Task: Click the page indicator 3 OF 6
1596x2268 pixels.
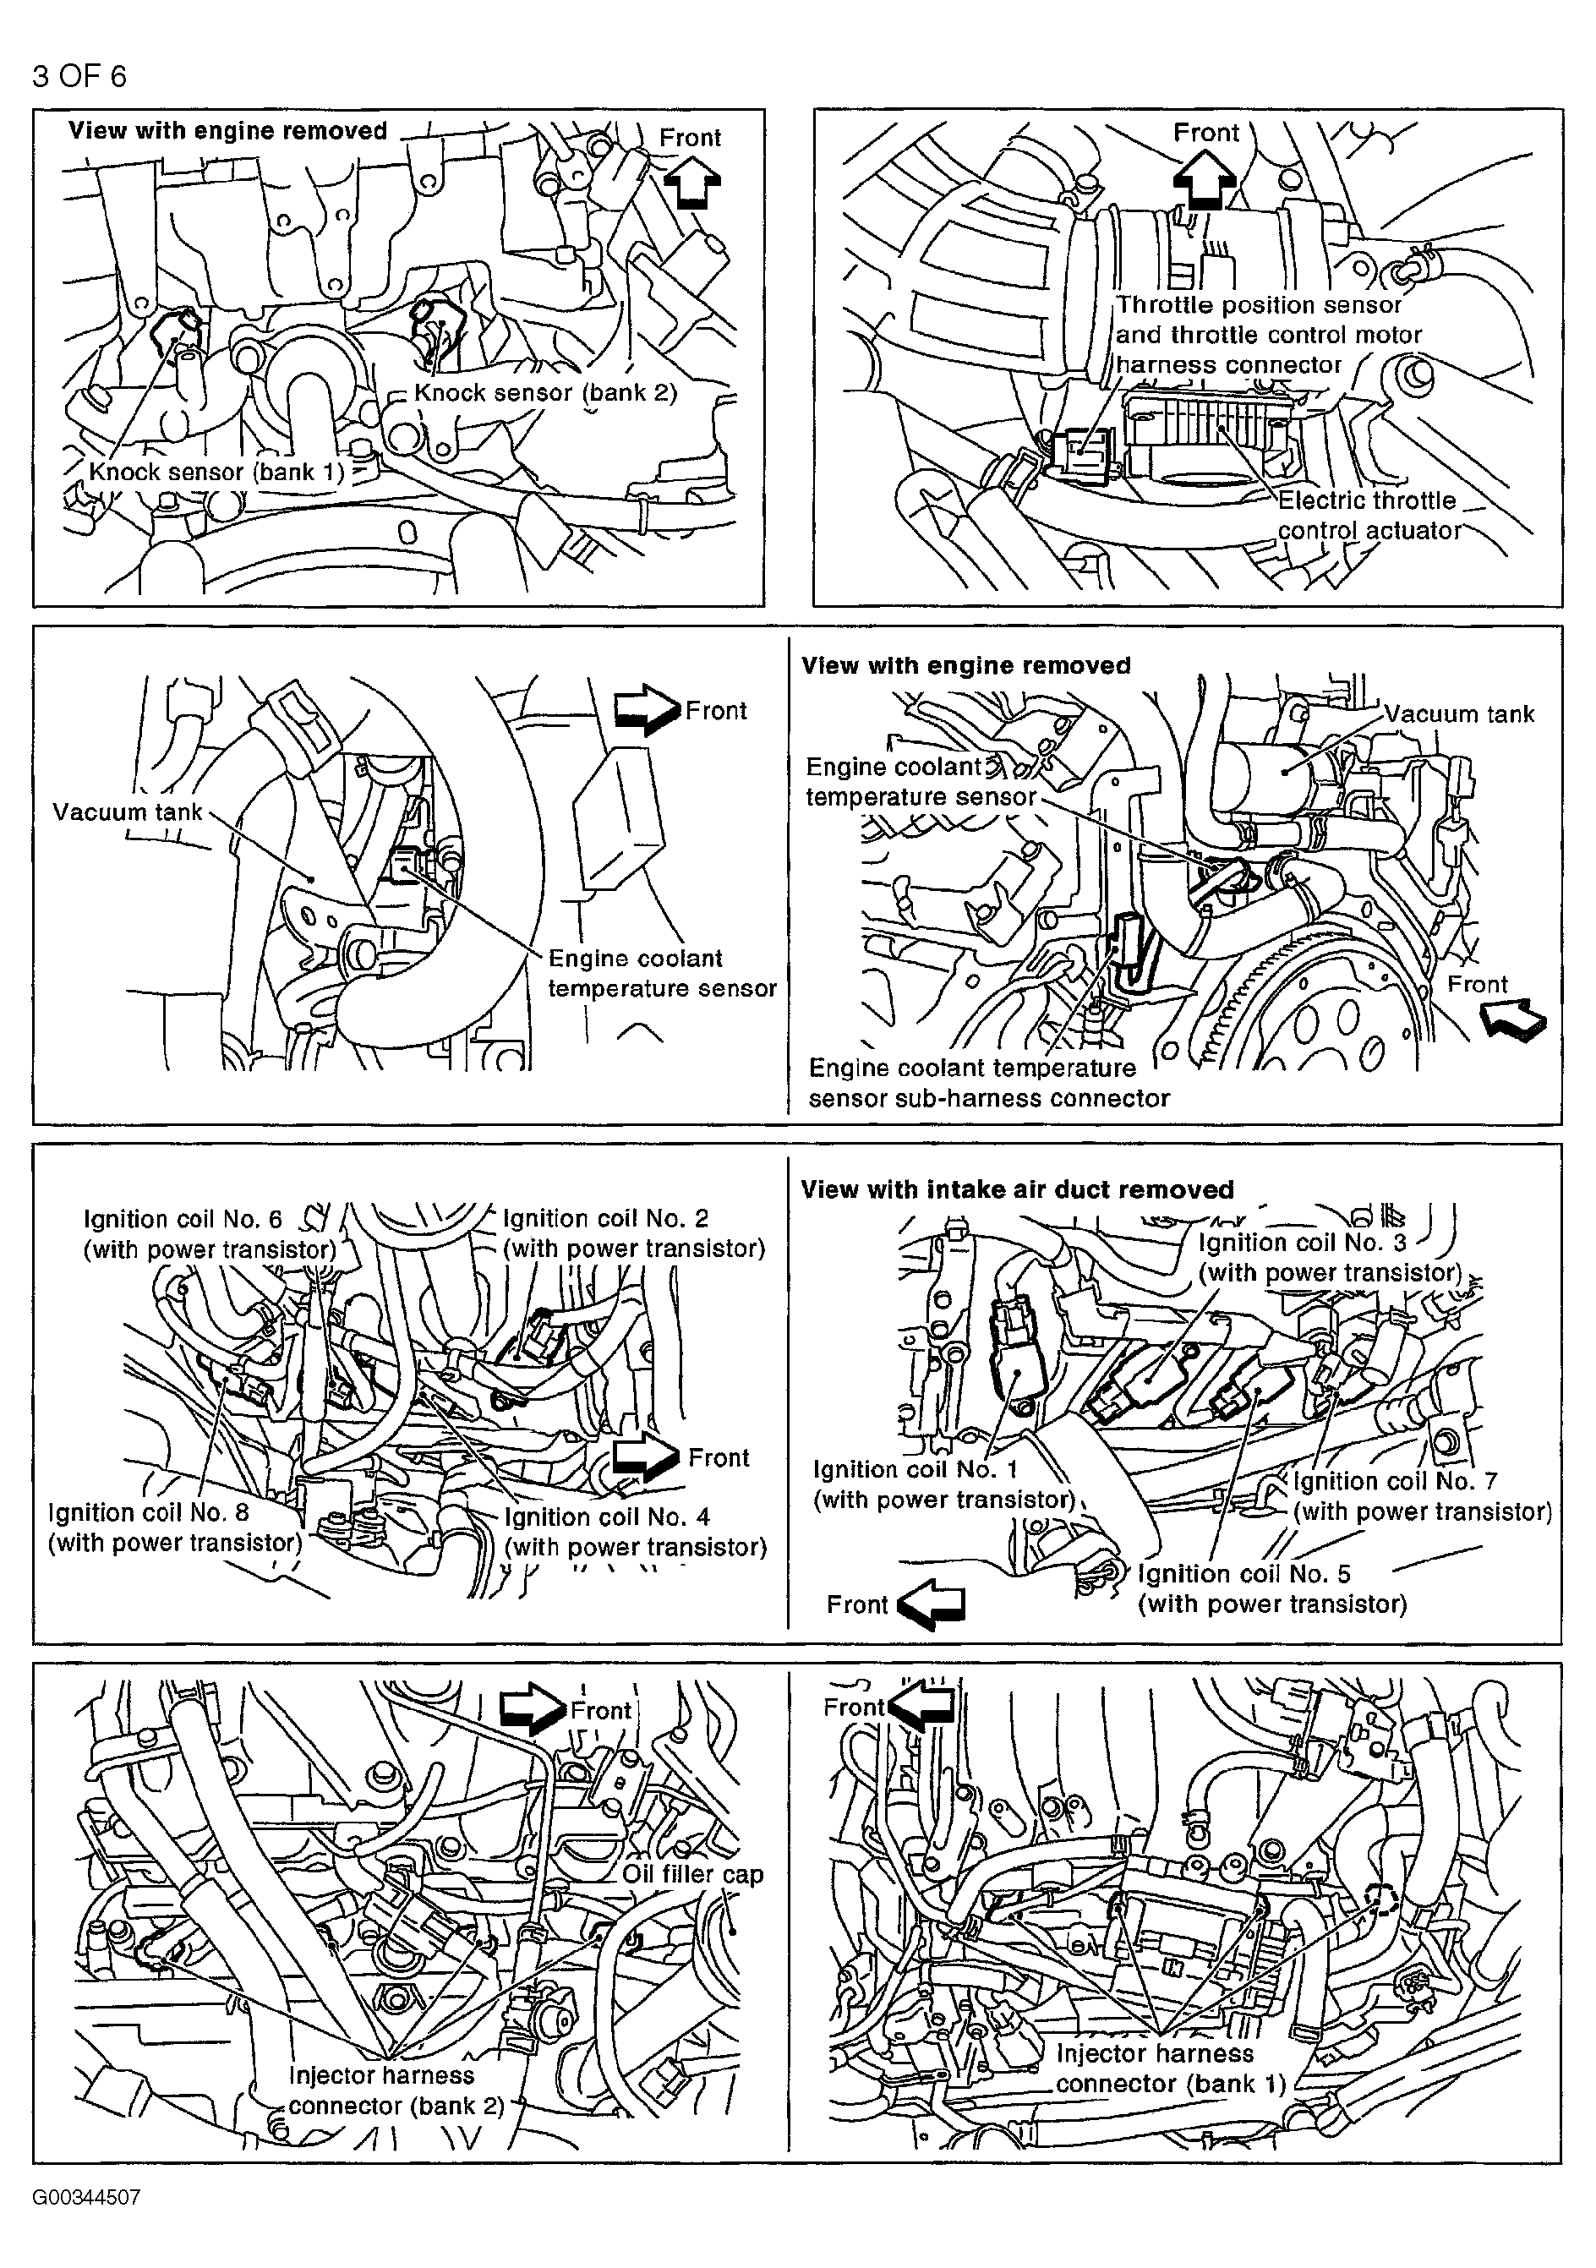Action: click(79, 76)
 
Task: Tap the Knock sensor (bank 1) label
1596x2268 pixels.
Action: click(216, 473)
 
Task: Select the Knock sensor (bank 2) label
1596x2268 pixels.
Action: click(545, 392)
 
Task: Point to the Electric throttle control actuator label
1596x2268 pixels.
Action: click(1369, 516)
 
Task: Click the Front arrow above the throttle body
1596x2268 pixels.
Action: click(1205, 178)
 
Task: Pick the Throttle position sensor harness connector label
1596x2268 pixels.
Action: click(1268, 335)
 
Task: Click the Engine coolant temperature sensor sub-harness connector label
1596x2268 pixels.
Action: click(987, 1083)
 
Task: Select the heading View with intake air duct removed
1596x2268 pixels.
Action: click(1017, 1189)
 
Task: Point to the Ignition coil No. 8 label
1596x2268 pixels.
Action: click(175, 1527)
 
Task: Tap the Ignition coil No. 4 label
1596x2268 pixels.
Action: click(635, 1531)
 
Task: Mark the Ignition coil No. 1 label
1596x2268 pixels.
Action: click(943, 1484)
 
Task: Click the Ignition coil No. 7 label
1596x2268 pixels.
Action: click(1422, 1495)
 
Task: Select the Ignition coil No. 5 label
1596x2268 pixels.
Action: click(1272, 1588)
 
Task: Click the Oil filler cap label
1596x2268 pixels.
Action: click(692, 1874)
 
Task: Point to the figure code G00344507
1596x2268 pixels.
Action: click(86, 2198)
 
